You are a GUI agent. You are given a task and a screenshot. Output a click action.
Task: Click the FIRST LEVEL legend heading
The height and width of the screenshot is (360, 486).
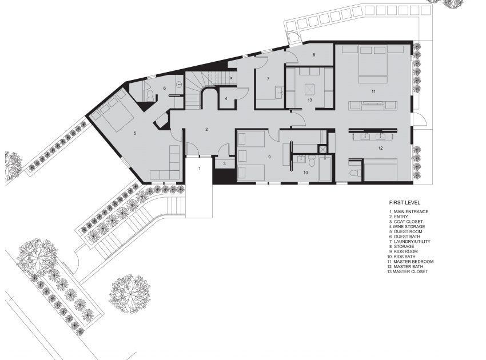click(x=405, y=203)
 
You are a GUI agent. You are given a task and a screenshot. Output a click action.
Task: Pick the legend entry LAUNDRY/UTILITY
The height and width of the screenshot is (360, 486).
click(x=410, y=241)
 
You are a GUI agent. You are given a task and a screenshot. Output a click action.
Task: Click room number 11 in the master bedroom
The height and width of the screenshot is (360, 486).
click(x=373, y=91)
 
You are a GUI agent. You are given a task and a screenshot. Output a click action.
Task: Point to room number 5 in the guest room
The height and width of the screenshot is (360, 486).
click(x=135, y=133)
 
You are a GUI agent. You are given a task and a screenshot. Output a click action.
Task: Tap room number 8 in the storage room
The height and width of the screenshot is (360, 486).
click(x=314, y=55)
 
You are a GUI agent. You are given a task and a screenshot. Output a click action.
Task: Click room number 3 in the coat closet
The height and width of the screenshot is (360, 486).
click(x=224, y=163)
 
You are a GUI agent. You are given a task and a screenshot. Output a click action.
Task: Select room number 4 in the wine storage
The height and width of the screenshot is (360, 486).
click(x=226, y=98)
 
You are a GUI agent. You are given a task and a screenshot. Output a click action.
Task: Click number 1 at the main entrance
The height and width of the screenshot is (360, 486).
click(x=200, y=169)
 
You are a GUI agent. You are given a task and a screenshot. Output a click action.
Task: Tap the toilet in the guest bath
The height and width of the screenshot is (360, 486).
click(x=150, y=95)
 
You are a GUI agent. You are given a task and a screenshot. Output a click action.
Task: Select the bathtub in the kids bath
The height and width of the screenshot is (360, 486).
click(x=325, y=168)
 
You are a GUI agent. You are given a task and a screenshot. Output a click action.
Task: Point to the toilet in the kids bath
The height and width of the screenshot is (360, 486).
click(x=312, y=161)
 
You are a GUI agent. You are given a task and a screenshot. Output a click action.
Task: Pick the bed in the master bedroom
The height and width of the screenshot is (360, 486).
click(x=373, y=64)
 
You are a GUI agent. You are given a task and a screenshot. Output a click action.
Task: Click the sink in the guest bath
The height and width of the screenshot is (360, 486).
click(x=179, y=84)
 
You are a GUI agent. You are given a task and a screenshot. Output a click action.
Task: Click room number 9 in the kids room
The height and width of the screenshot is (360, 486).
click(x=269, y=157)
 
